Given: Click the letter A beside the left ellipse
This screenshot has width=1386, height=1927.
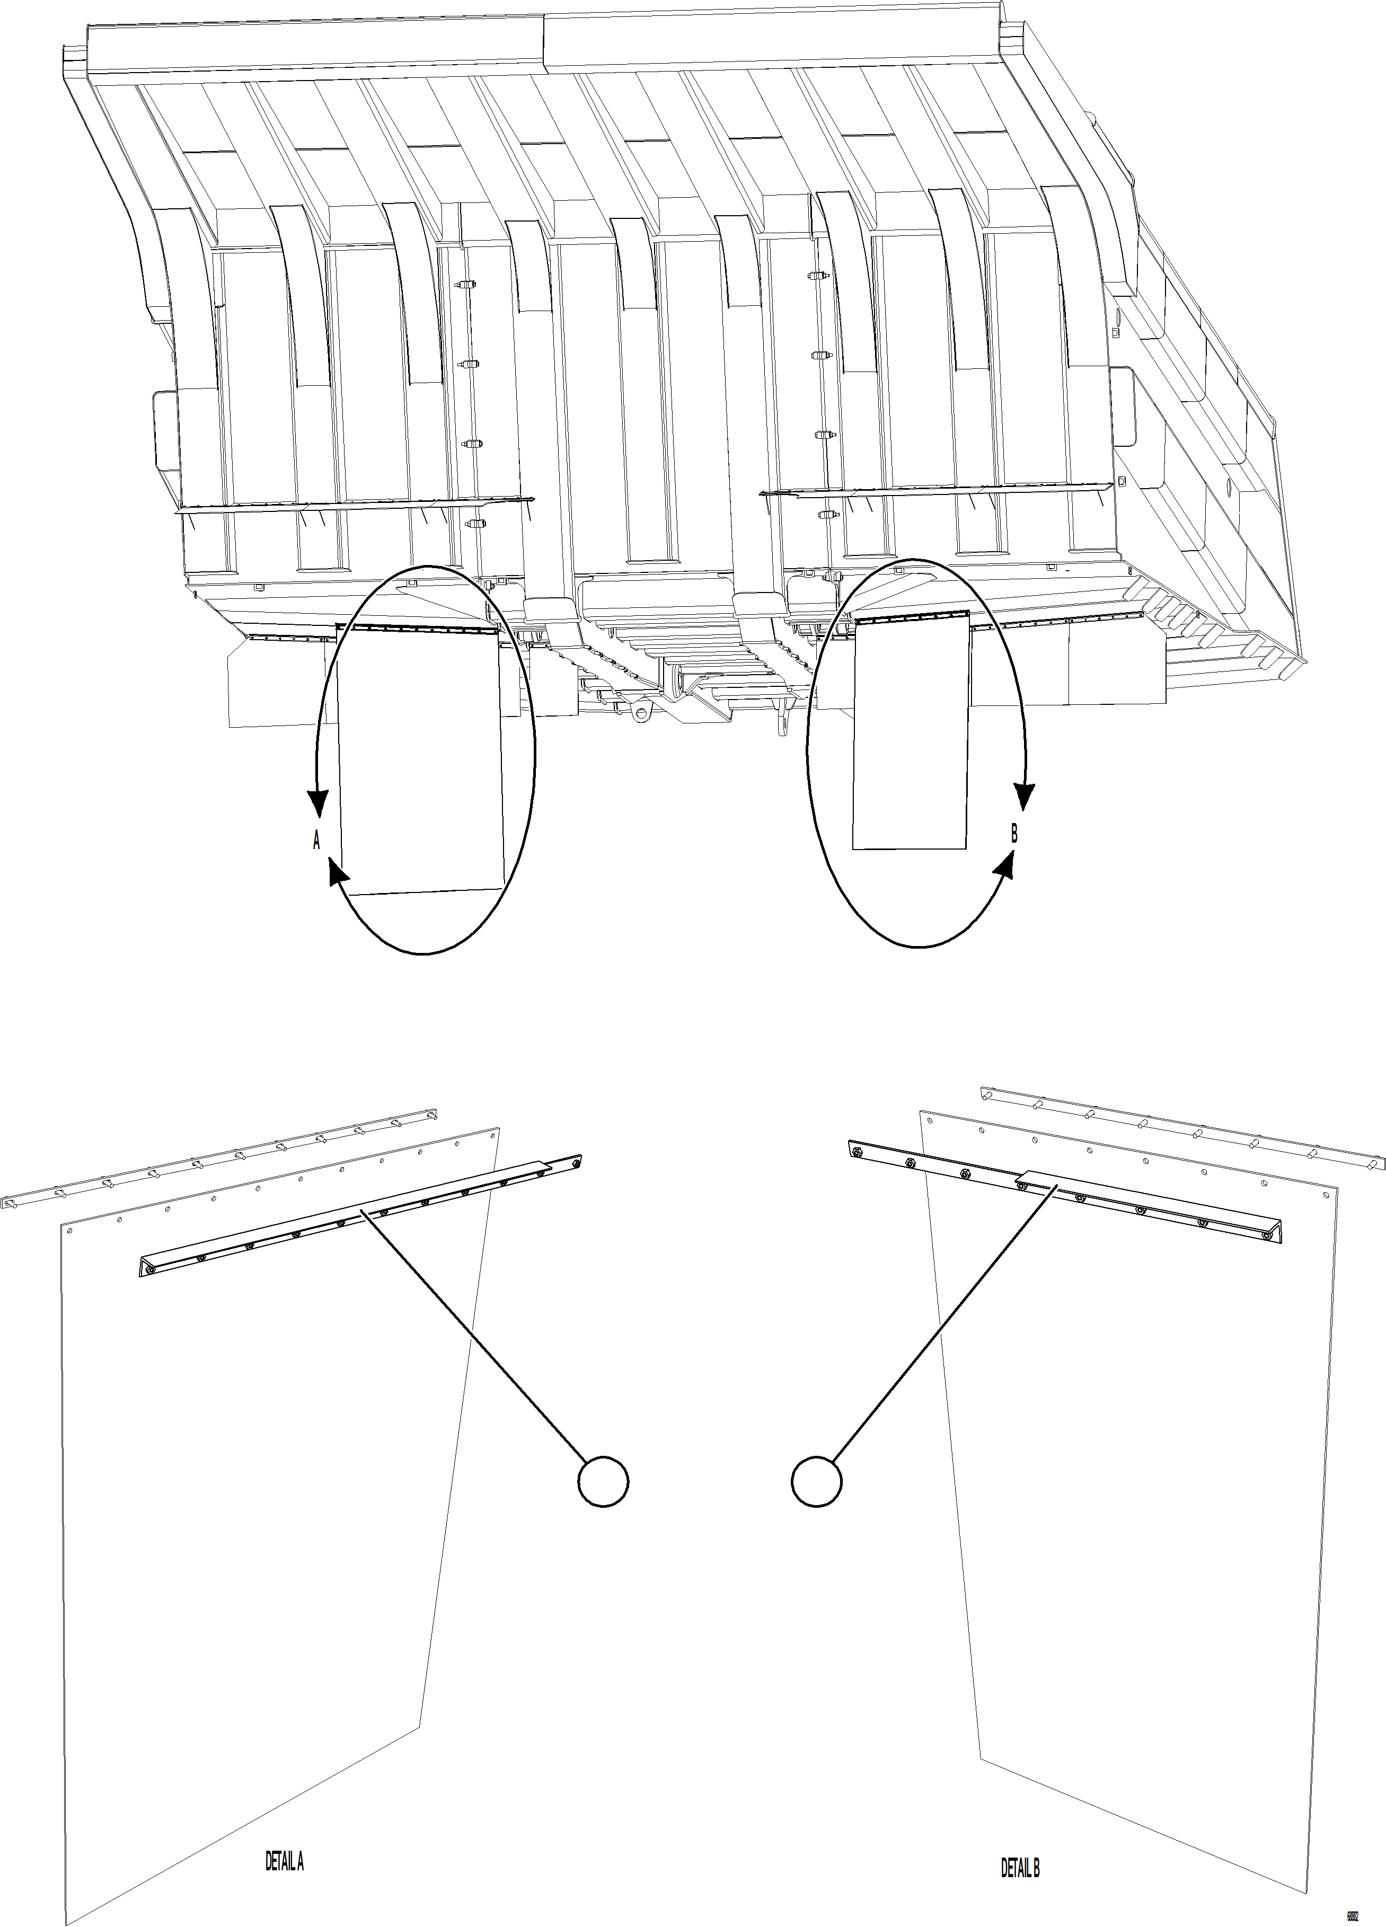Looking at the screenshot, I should [x=316, y=841].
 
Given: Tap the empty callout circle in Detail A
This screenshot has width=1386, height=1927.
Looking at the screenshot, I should [x=603, y=1483].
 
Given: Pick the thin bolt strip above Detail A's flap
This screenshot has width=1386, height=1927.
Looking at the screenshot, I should [x=213, y=1158].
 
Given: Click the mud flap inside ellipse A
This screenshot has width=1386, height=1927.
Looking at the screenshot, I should [x=421, y=765].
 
